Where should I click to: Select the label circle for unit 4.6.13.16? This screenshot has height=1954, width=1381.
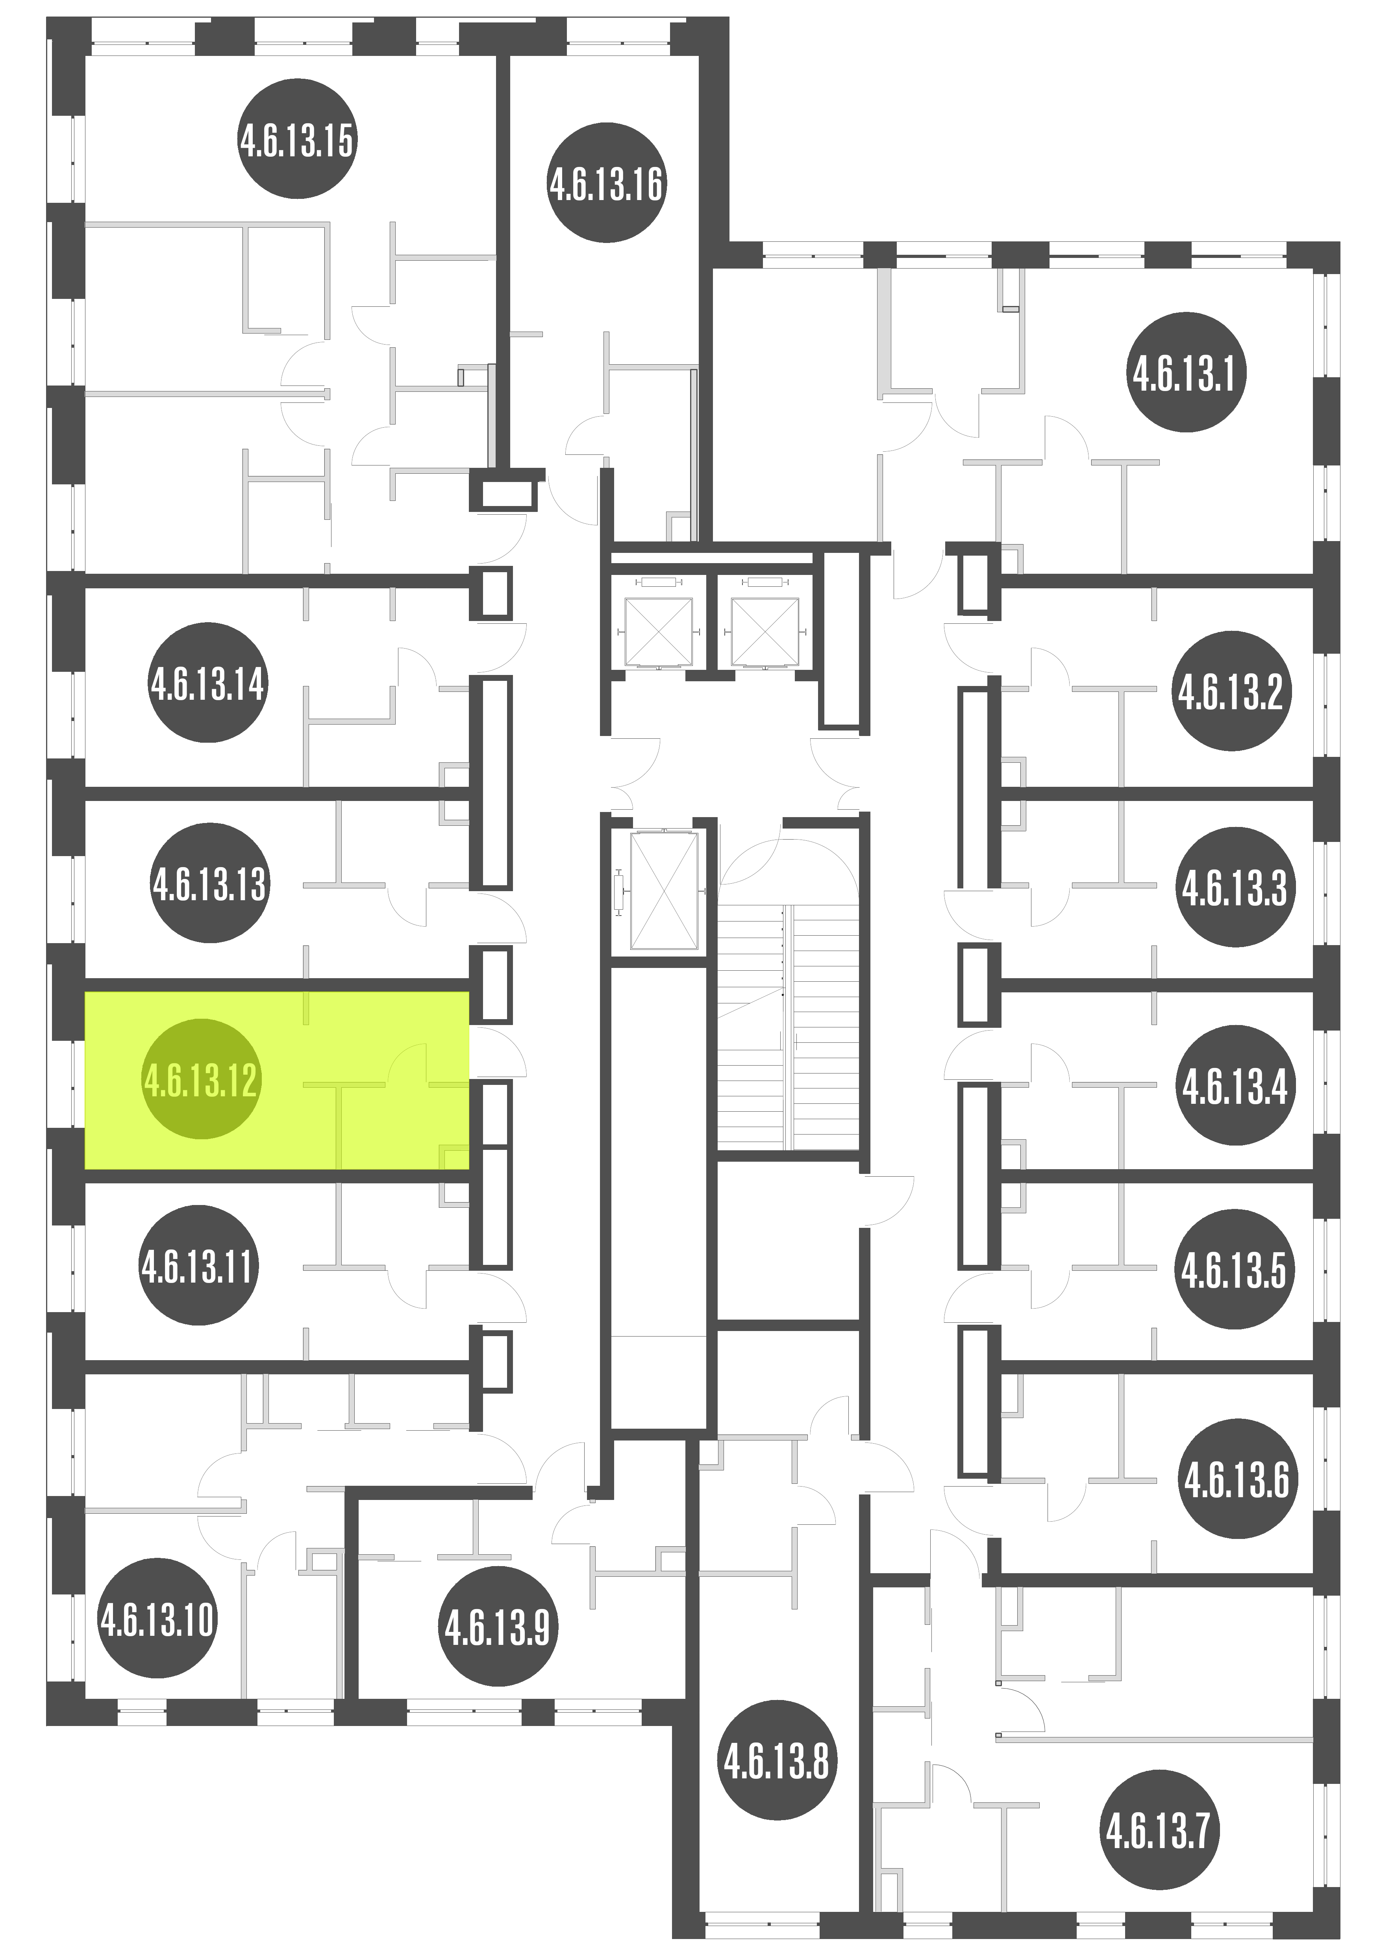coord(606,183)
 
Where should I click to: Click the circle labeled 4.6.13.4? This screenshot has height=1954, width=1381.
coord(1235,1086)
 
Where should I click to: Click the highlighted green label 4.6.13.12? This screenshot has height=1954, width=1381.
coord(201,1079)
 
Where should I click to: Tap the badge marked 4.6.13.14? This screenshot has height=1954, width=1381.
coord(209,682)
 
